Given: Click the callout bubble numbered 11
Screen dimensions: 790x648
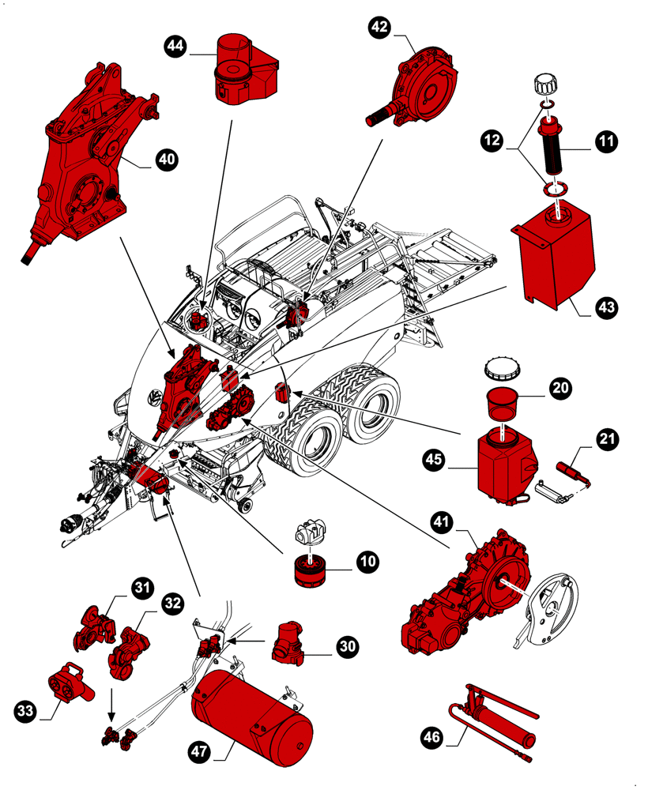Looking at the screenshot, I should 606,142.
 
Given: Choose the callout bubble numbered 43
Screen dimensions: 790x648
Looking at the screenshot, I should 606,307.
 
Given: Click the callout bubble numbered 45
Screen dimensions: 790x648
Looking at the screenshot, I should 433,457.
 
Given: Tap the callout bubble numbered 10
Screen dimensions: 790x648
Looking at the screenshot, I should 366,562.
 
